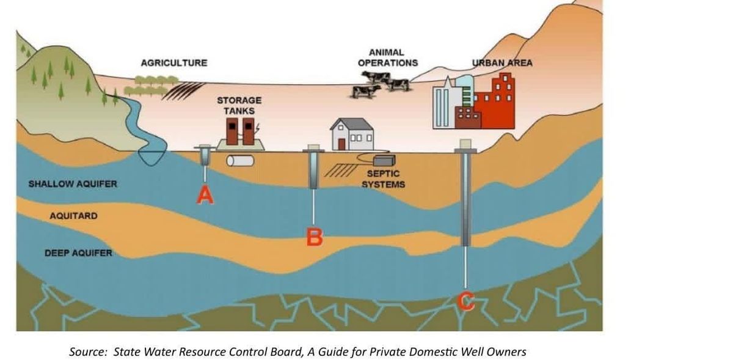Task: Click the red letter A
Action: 205,195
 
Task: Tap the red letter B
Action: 315,237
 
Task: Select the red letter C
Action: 466,302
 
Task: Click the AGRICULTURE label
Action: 174,63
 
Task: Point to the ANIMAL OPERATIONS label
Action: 388,57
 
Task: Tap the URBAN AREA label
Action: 502,63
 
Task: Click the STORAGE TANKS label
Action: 239,106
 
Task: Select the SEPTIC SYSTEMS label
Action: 383,179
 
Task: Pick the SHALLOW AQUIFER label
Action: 73,184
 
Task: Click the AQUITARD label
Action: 74,216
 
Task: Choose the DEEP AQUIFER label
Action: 78,253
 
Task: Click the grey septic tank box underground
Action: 384,161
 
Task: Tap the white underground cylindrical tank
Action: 240,161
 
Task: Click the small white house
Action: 352,134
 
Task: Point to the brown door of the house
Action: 341,144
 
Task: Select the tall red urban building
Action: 495,101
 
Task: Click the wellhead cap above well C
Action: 465,144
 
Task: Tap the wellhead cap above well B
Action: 313,147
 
